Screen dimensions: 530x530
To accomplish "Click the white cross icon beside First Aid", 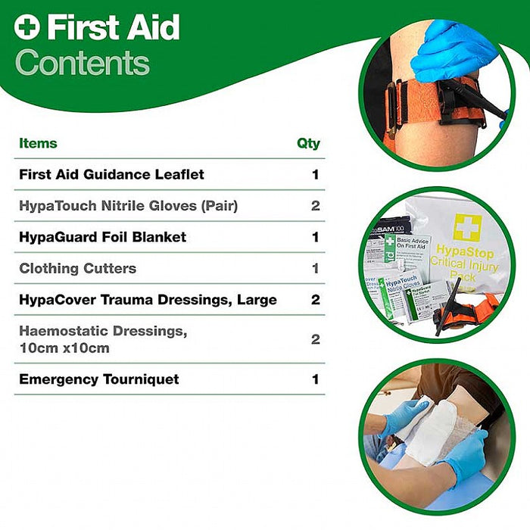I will pyautogui.click(x=27, y=28).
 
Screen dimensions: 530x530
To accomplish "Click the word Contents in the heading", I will pyautogui.click(x=83, y=63).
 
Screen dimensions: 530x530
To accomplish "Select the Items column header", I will pyautogui.click(x=38, y=143).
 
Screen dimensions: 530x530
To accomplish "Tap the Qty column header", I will pyautogui.click(x=308, y=143).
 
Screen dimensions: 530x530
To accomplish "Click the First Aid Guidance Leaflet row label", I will pyautogui.click(x=111, y=174).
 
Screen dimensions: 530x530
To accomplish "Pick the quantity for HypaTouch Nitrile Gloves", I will pyautogui.click(x=315, y=206).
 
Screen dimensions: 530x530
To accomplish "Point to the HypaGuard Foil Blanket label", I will pyautogui.click(x=102, y=237).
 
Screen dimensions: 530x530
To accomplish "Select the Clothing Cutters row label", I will pyautogui.click(x=77, y=268).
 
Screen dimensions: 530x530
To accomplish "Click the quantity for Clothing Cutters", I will pyautogui.click(x=315, y=268).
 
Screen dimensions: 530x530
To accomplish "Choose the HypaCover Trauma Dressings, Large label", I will pyautogui.click(x=148, y=300).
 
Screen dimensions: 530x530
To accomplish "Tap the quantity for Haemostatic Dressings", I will pyautogui.click(x=315, y=339).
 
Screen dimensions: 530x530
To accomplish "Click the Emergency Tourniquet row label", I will pyautogui.click(x=99, y=379).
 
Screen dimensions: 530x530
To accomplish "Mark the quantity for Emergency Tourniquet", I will pyautogui.click(x=315, y=379).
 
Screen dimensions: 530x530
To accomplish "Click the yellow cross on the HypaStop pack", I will pyautogui.click(x=467, y=228).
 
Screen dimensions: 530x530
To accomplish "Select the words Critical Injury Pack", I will pyautogui.click(x=463, y=269).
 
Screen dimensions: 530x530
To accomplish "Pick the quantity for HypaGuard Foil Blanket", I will pyautogui.click(x=315, y=237).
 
